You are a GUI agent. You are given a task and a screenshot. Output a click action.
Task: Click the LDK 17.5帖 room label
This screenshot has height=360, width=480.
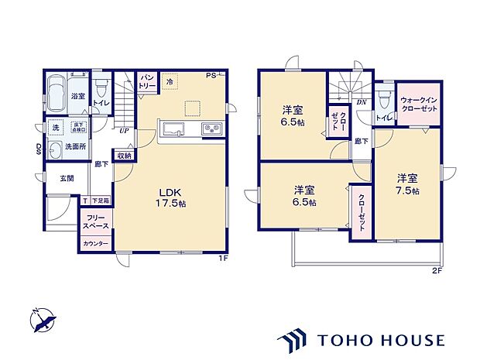pyautogui.click(x=172, y=197)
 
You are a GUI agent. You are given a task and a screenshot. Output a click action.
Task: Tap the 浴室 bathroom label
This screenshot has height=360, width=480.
pyautogui.click(x=78, y=97)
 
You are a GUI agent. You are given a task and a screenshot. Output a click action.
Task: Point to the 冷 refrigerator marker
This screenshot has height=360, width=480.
pyautogui.click(x=170, y=81)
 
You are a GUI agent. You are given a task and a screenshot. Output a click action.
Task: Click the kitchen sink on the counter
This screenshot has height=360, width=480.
pyautogui.click(x=170, y=129)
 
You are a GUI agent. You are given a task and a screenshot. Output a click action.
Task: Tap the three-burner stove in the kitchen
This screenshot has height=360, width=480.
pyautogui.click(x=211, y=129)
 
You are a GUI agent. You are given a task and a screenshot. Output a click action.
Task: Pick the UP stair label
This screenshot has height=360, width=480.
pyautogui.click(x=123, y=130)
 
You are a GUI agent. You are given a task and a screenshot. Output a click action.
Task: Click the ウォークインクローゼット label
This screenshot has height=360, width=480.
pyautogui.click(x=419, y=105)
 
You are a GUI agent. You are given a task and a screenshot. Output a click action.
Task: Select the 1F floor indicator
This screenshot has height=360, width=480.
pyautogui.click(x=221, y=259)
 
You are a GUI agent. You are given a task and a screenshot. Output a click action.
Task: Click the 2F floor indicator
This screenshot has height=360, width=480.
pyautogui.click(x=437, y=272)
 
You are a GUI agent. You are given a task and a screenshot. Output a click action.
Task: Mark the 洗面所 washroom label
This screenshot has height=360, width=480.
pyautogui.click(x=75, y=146)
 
